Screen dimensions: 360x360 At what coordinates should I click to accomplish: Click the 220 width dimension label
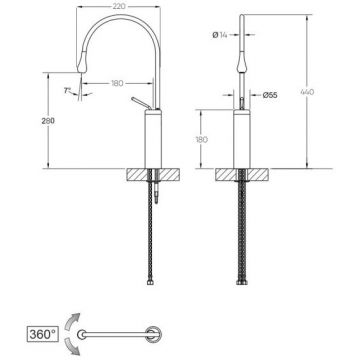coord(118,6)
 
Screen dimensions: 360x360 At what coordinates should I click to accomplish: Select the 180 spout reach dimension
coord(117,83)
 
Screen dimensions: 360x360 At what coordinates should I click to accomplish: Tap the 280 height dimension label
coord(48,121)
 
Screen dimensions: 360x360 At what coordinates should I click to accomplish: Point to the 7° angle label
coord(68,90)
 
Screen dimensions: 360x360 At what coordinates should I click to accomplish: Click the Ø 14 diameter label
coord(220,34)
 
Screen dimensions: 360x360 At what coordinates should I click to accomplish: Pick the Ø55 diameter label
coord(270,95)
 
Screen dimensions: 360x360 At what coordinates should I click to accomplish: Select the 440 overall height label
coord(307,92)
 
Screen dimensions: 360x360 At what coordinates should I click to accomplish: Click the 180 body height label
coord(201,139)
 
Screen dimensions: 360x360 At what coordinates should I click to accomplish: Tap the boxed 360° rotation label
coord(42,334)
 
